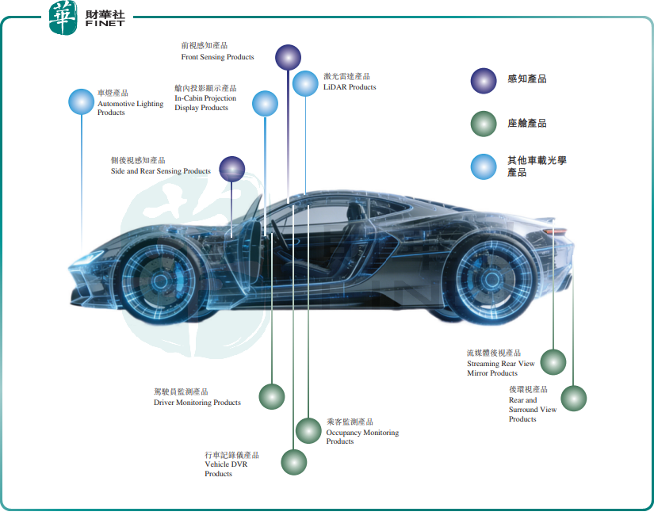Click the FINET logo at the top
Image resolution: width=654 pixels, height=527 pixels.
click(x=86, y=18)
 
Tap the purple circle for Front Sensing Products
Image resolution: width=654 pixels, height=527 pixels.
click(x=288, y=58)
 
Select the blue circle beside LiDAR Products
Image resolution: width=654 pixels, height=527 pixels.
click(x=305, y=83)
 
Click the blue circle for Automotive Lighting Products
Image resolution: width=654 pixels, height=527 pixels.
click(x=82, y=101)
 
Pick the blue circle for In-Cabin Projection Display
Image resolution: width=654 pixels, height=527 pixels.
click(x=265, y=104)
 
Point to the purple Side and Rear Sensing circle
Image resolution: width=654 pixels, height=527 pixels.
click(x=232, y=169)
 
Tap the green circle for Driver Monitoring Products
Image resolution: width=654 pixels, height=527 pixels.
click(x=272, y=396)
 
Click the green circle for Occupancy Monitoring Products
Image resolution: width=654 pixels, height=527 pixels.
click(x=308, y=430)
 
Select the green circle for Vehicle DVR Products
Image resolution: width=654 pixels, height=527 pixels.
click(x=294, y=462)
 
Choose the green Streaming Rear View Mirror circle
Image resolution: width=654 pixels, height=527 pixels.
click(x=553, y=362)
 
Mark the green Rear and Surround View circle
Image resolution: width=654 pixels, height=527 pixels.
click(x=573, y=399)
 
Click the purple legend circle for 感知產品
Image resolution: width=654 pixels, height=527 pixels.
click(x=484, y=81)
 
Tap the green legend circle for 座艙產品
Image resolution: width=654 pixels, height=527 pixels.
click(x=484, y=124)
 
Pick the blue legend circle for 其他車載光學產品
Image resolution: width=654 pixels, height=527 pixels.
click(x=484, y=166)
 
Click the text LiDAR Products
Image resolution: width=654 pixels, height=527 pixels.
click(x=350, y=87)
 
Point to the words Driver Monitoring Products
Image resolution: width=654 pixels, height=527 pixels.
click(x=197, y=403)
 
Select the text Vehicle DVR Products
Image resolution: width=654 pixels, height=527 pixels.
click(x=226, y=468)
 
